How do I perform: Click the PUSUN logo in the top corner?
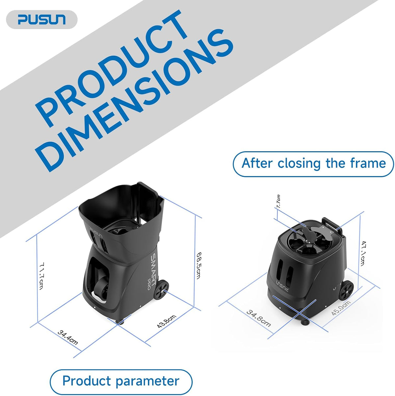coord(42,19)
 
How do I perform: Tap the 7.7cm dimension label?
coord(278,201)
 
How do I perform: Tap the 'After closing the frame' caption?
coord(313,164)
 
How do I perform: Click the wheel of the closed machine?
coord(346,290)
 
